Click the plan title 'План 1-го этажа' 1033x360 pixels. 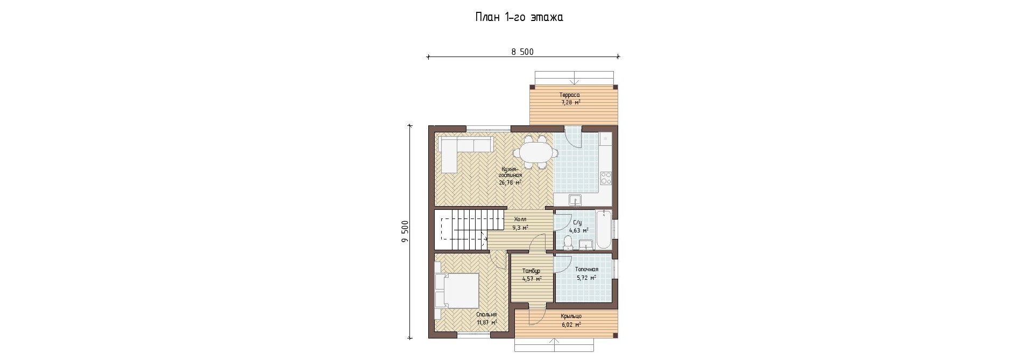519,17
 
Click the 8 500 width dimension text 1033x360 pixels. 522,52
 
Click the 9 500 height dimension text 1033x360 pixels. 405,231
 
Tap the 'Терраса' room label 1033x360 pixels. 569,95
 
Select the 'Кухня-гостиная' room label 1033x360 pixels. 510,172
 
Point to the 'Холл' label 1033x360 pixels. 520,220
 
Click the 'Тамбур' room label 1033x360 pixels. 531,271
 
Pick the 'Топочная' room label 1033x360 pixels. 586,269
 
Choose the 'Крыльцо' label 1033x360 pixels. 571,316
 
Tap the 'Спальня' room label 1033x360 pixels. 486,315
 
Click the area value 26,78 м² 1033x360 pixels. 510,182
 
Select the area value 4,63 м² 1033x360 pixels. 579,230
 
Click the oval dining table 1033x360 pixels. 536,152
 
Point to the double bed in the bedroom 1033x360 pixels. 457,291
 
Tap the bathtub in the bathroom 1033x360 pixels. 604,230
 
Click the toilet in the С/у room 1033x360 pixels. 567,243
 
